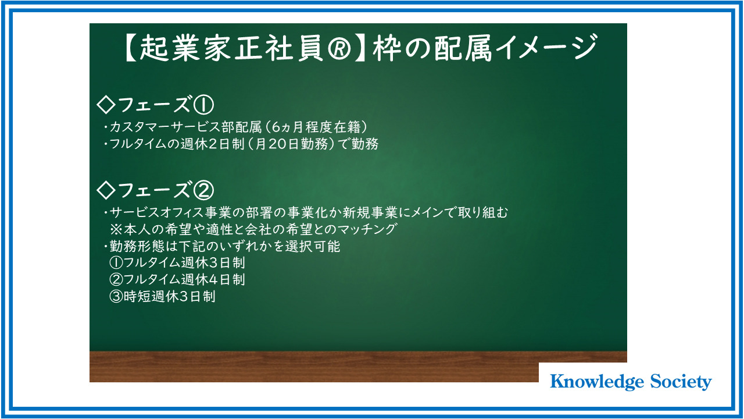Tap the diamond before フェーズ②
106,190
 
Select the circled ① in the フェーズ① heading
203,105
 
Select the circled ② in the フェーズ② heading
203,190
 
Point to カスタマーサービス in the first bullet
165,127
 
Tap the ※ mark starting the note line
116,229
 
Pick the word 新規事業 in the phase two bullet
370,212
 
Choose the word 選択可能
313,246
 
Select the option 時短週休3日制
169,296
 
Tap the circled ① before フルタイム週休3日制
116,263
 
